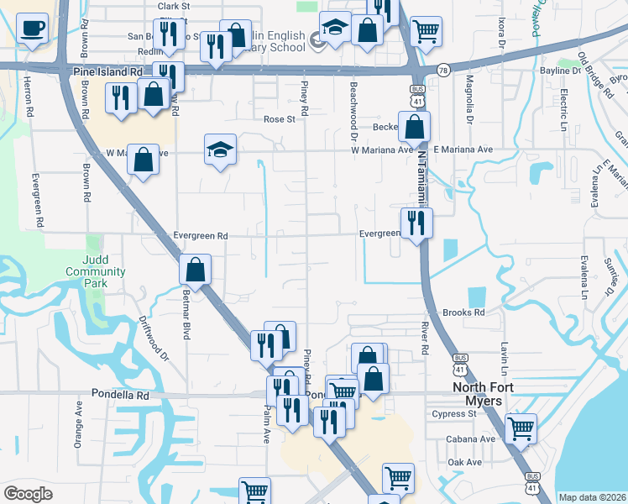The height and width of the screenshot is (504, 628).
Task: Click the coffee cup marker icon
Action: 32,29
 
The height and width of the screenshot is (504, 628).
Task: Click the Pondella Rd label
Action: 122,395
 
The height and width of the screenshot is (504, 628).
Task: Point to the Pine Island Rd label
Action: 108,73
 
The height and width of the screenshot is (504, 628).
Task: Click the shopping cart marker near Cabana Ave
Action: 521,428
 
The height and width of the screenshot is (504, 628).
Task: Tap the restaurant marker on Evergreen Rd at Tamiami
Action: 416,222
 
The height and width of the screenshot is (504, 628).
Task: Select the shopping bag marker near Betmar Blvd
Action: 195,270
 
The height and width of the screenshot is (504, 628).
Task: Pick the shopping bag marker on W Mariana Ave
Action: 144,159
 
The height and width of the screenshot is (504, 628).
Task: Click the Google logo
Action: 28,494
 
